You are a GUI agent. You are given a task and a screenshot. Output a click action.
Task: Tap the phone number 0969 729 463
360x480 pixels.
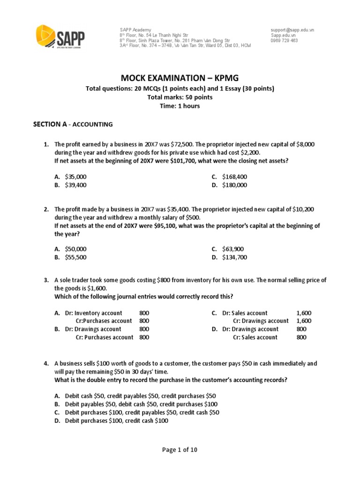tap(284, 41)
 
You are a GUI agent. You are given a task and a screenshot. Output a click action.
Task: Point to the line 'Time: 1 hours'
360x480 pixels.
tap(180, 106)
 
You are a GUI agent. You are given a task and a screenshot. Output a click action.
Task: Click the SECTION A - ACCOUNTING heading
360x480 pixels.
tap(73, 124)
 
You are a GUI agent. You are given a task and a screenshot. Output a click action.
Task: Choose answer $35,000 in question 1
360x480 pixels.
tap(75, 177)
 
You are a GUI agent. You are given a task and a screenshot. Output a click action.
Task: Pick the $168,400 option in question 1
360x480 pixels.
tap(234, 177)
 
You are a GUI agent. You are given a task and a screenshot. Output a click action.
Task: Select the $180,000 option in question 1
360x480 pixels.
tap(234, 185)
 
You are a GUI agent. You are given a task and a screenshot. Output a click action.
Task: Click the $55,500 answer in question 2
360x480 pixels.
tap(75, 257)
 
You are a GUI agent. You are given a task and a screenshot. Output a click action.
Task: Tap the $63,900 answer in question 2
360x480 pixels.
tap(233, 249)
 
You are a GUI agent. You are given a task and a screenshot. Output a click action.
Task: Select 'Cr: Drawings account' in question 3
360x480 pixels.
tap(261, 321)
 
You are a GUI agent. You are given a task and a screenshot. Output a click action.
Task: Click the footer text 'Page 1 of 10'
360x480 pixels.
tap(180, 450)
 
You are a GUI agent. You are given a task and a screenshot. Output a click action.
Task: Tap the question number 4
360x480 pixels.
tap(46, 363)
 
